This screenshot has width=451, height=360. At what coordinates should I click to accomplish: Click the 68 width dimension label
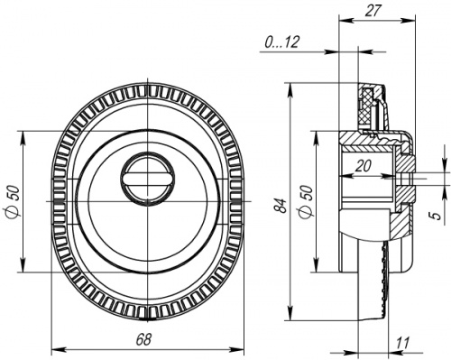pos(143,340)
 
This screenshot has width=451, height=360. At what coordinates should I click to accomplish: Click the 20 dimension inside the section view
pos(364,165)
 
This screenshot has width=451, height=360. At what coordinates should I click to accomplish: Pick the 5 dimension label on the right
pos(435,216)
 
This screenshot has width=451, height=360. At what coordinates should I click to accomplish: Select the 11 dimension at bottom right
pos(402,343)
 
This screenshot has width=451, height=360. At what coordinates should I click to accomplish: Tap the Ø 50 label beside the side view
pos(306,200)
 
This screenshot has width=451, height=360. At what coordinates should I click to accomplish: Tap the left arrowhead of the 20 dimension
pos(345,174)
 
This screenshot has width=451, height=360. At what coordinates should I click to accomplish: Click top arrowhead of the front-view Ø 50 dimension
pos(23,135)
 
